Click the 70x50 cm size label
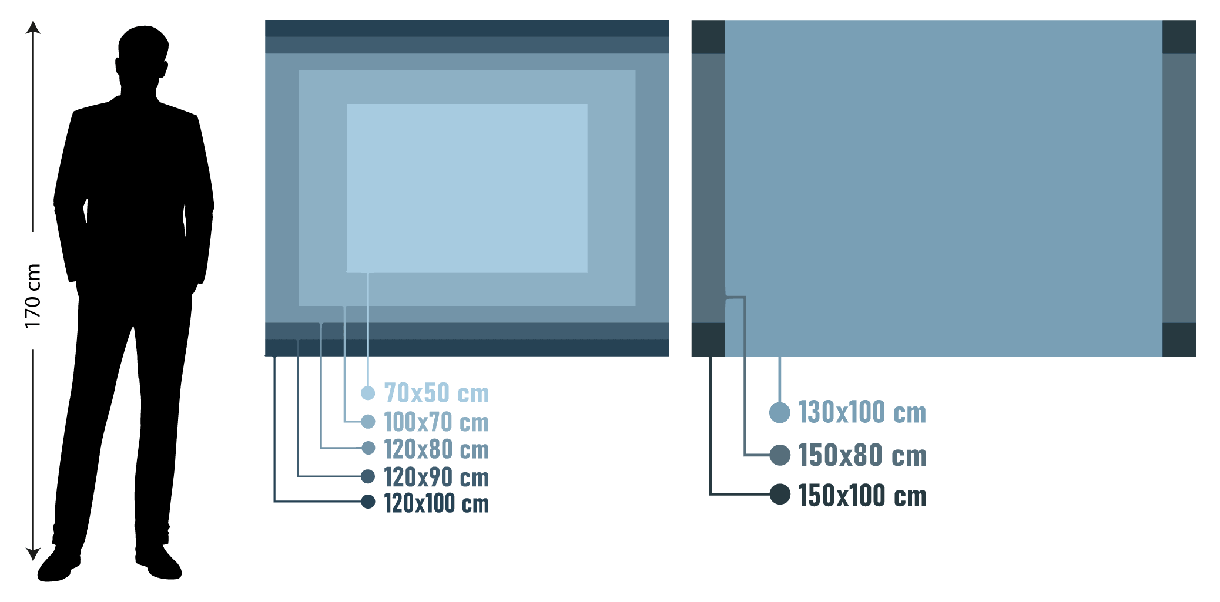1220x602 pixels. [x=436, y=393]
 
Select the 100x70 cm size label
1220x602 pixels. [x=436, y=422]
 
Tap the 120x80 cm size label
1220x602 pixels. [x=436, y=449]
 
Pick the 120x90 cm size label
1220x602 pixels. [x=436, y=477]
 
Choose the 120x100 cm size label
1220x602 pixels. [x=436, y=503]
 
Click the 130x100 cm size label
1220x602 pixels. [x=862, y=412]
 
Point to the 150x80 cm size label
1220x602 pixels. [x=862, y=455]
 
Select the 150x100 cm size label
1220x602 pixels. [x=862, y=495]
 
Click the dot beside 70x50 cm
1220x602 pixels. [x=368, y=393]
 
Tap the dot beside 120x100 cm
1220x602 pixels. [x=368, y=502]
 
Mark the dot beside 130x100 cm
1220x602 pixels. [x=780, y=412]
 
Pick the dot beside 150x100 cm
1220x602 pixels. [x=780, y=494]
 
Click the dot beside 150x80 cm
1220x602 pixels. [x=780, y=455]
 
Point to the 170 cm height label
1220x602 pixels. [x=33, y=296]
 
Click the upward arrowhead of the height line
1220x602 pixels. [x=33, y=26]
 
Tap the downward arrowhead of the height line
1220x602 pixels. [x=33, y=554]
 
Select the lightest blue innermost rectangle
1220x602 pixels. [x=467, y=188]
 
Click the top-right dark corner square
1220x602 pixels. [x=1179, y=37]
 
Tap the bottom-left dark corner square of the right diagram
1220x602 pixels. [x=708, y=339]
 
